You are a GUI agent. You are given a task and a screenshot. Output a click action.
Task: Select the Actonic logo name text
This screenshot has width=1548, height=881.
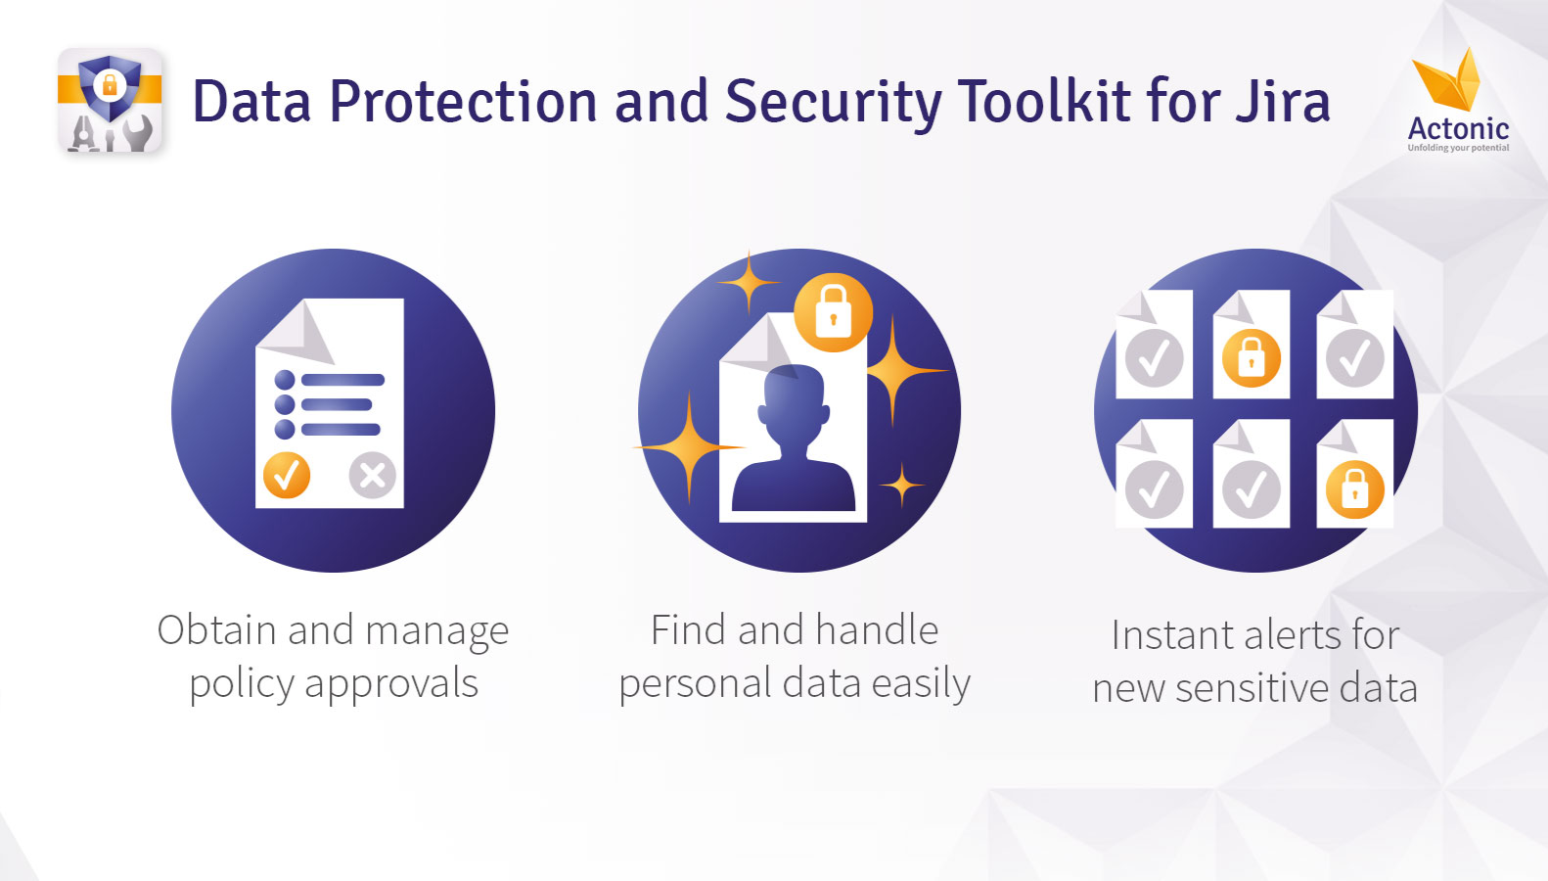click(x=1458, y=128)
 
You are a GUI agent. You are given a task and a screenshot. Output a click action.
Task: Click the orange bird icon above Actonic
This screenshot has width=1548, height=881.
click(x=1447, y=79)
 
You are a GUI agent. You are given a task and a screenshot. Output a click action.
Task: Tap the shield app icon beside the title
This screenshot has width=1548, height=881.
click(x=110, y=101)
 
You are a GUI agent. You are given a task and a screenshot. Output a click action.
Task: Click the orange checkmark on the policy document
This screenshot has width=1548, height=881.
click(x=287, y=475)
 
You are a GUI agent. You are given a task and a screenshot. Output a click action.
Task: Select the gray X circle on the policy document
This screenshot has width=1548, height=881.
click(x=373, y=475)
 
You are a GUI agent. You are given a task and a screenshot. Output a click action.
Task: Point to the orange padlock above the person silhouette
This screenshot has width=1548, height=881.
click(x=833, y=312)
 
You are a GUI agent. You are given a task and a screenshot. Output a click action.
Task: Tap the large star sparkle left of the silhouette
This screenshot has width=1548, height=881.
click(x=688, y=447)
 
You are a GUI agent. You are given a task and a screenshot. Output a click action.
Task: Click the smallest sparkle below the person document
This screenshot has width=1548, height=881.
click(x=902, y=485)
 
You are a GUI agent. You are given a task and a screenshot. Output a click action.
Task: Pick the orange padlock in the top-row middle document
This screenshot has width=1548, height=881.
click(x=1251, y=358)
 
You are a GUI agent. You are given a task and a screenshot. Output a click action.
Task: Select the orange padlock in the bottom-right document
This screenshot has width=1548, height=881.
click(x=1354, y=489)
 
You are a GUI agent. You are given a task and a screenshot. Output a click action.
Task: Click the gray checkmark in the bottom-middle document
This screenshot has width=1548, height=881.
click(x=1251, y=489)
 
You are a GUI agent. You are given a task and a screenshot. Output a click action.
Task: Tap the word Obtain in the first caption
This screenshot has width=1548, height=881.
click(x=217, y=630)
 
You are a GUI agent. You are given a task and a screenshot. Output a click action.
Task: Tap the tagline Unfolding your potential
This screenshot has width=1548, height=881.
click(x=1458, y=147)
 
